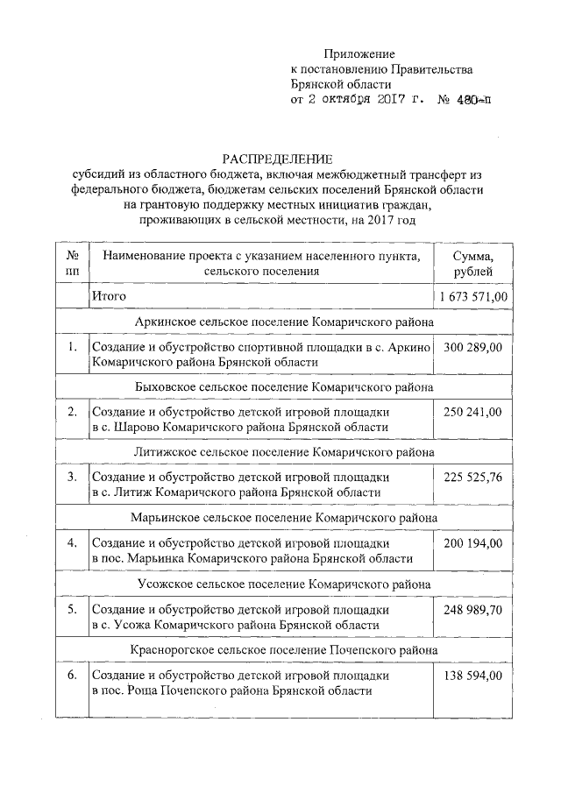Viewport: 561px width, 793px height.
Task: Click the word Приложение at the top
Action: pos(359,54)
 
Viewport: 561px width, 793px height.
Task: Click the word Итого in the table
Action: pos(110,297)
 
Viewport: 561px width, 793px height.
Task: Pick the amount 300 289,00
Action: pos(473,348)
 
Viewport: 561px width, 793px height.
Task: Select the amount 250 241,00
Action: pos(473,412)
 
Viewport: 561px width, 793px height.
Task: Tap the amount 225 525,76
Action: pos(473,478)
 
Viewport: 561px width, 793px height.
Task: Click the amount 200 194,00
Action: pos(473,543)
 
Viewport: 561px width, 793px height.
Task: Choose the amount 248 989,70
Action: pos(473,610)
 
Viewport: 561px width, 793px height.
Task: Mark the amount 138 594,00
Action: pos(473,676)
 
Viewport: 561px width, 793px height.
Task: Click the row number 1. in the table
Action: pos(73,348)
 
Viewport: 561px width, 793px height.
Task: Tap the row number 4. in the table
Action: pos(73,543)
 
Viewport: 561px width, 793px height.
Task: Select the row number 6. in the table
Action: pos(73,676)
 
